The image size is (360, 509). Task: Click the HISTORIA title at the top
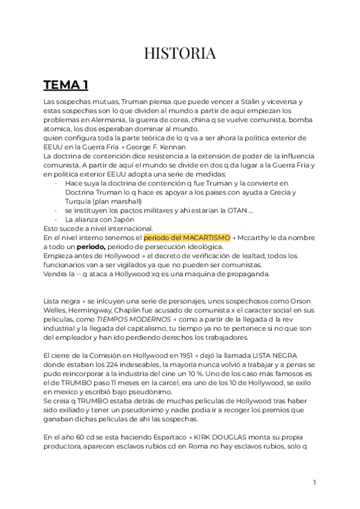(180, 53)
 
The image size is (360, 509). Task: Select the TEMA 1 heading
(66, 85)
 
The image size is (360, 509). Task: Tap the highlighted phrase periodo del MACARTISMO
(187, 238)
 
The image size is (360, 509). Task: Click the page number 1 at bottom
(314, 483)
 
